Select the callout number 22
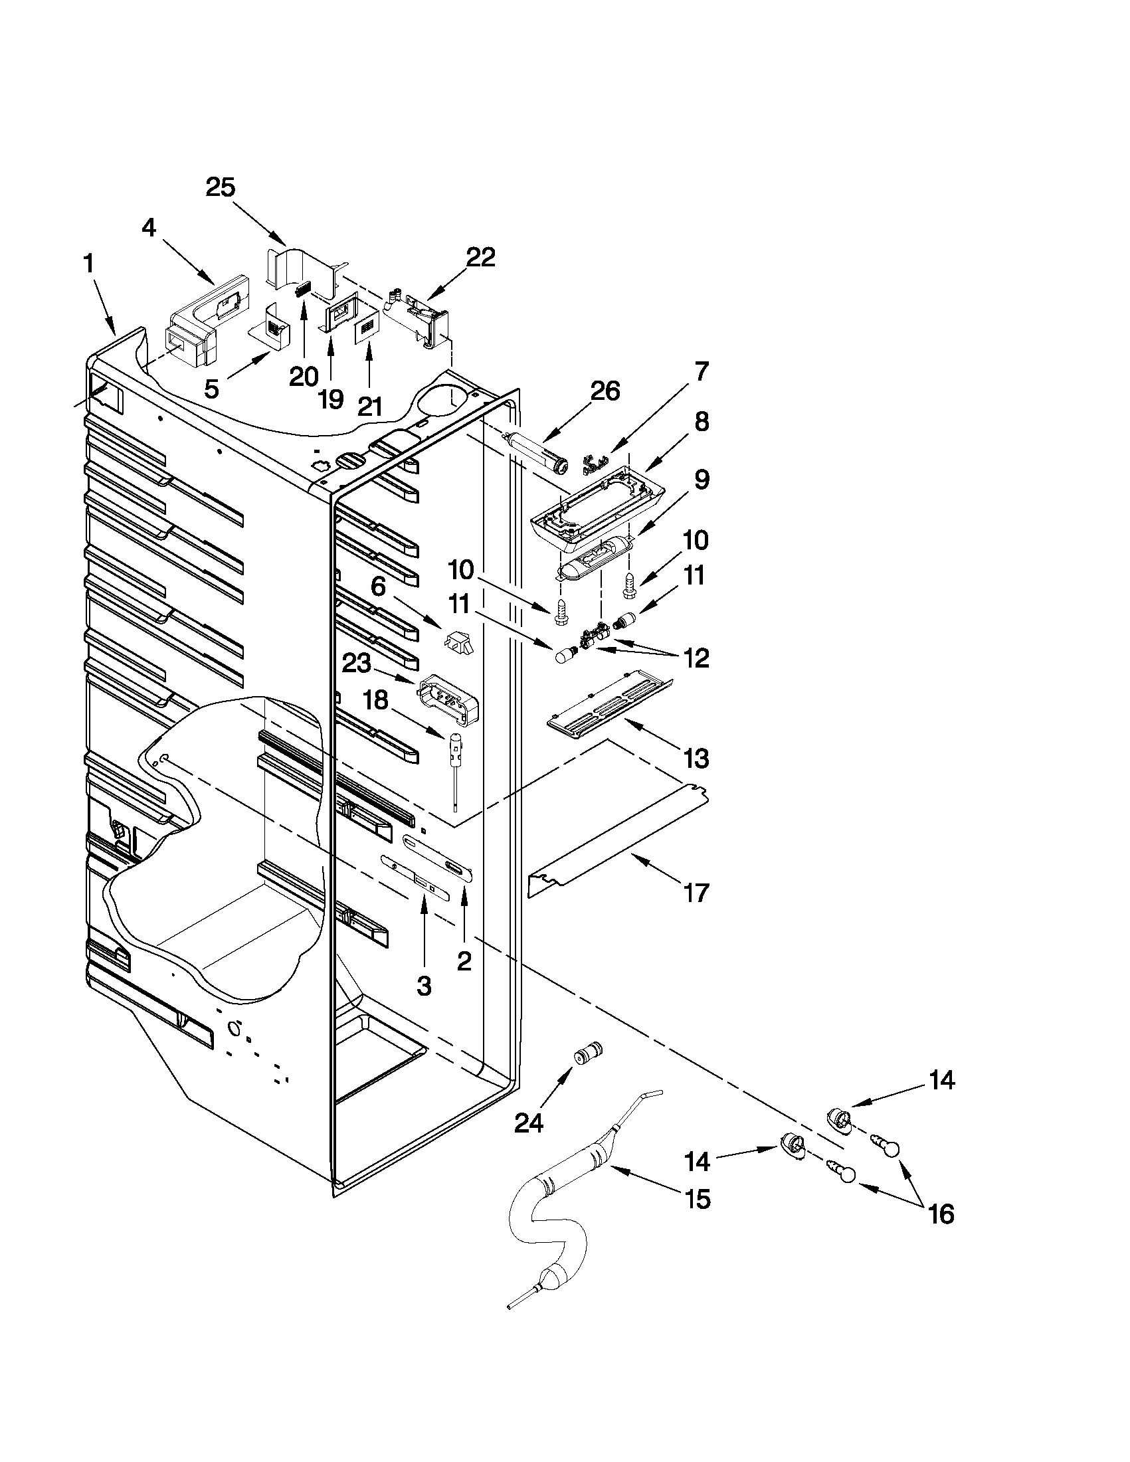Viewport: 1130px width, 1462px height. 480,257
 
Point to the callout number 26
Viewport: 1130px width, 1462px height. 605,391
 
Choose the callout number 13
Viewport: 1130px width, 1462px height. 696,759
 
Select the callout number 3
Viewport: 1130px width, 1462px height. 424,985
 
